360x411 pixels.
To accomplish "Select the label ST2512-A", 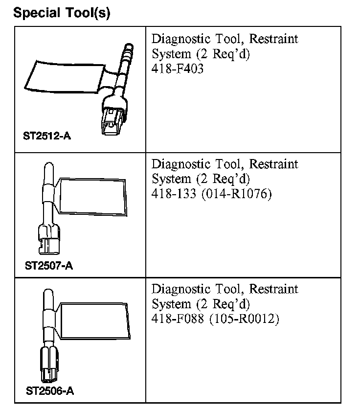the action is point(47,136).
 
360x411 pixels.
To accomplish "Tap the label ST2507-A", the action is point(49,266).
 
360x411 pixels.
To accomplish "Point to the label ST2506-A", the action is point(50,391).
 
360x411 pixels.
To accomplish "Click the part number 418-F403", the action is point(178,69).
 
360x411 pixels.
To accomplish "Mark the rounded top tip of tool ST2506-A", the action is point(48,296).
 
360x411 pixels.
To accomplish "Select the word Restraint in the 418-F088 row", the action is point(274,289).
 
